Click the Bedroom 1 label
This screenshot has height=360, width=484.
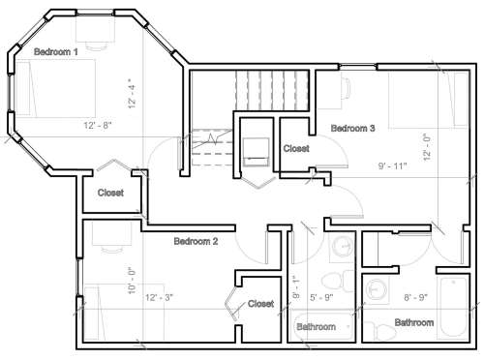pyautogui.click(x=56, y=51)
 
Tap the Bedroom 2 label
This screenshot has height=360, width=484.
pyautogui.click(x=196, y=241)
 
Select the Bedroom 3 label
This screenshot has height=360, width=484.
pyautogui.click(x=353, y=128)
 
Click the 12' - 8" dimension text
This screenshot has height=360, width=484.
pyautogui.click(x=98, y=125)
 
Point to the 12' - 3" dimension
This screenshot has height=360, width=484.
pyautogui.click(x=159, y=297)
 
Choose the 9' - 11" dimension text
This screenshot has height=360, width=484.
pyautogui.click(x=392, y=166)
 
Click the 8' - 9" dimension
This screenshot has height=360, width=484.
pyautogui.click(x=416, y=297)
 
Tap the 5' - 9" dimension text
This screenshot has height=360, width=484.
pyautogui.click(x=321, y=297)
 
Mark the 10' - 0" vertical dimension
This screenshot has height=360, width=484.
pyautogui.click(x=132, y=281)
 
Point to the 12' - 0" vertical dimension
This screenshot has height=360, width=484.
pyautogui.click(x=427, y=147)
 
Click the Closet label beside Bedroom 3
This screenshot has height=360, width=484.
pyautogui.click(x=296, y=148)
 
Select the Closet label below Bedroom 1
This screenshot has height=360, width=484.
pyautogui.click(x=110, y=193)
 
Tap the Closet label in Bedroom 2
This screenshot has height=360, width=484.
pyautogui.click(x=260, y=304)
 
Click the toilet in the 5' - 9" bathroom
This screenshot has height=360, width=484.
pyautogui.click(x=338, y=281)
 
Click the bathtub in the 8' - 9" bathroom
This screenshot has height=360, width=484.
pyautogui.click(x=452, y=307)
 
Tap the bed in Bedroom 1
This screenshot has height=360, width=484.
pyautogui.click(x=55, y=88)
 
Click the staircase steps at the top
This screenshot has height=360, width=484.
pyautogui.click(x=272, y=90)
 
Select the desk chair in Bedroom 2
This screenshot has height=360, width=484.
pyautogui.click(x=111, y=250)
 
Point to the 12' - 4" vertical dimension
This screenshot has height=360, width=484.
pyautogui.click(x=132, y=93)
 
